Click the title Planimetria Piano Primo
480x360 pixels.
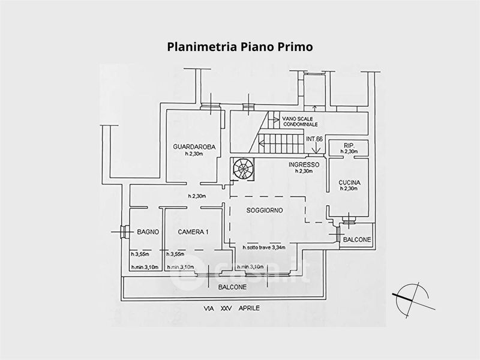coord(239,46)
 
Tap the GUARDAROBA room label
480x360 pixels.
coord(194,148)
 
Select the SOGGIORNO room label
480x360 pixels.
coord(264,211)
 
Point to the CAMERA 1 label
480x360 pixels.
coord(193,232)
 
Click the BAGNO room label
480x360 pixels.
coord(147,232)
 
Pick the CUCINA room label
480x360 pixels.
coord(349,182)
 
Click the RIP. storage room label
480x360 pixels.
coord(349,146)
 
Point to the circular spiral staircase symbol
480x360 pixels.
coord(244,168)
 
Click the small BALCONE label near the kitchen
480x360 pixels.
coord(356,239)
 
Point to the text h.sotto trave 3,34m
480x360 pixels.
coord(263,247)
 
